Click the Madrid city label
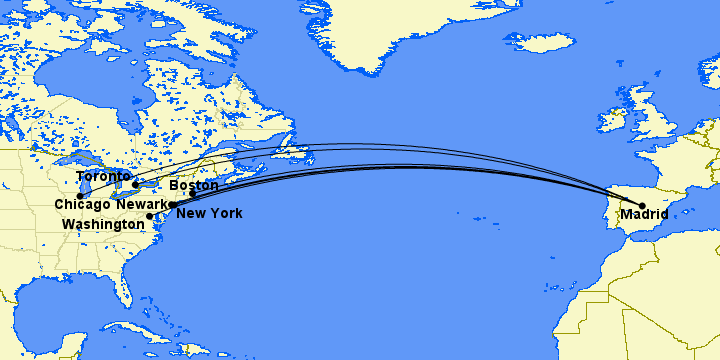[644, 214]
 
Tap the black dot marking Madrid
[642, 206]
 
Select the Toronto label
[102, 176]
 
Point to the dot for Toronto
[135, 185]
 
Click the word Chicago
[82, 205]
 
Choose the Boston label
[194, 186]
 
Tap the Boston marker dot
[193, 193]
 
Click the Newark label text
[142, 205]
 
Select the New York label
[209, 213]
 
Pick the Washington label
[103, 225]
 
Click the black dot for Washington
[150, 216]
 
